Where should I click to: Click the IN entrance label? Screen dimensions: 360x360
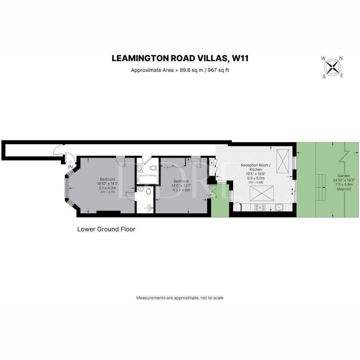pos(70,167)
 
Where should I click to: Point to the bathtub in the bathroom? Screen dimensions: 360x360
pos(147,180)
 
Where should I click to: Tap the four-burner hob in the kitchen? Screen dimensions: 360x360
pos(260,207)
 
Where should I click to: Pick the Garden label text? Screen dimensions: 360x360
pos(344,176)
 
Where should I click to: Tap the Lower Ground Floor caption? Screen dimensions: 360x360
pos(106,229)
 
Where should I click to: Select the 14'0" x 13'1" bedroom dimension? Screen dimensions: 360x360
pos(181,185)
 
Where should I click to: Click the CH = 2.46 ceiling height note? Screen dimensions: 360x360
pos(256,182)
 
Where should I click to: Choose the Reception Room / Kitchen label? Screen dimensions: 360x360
pos(256,167)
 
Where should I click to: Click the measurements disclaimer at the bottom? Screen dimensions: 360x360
pos(180,298)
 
